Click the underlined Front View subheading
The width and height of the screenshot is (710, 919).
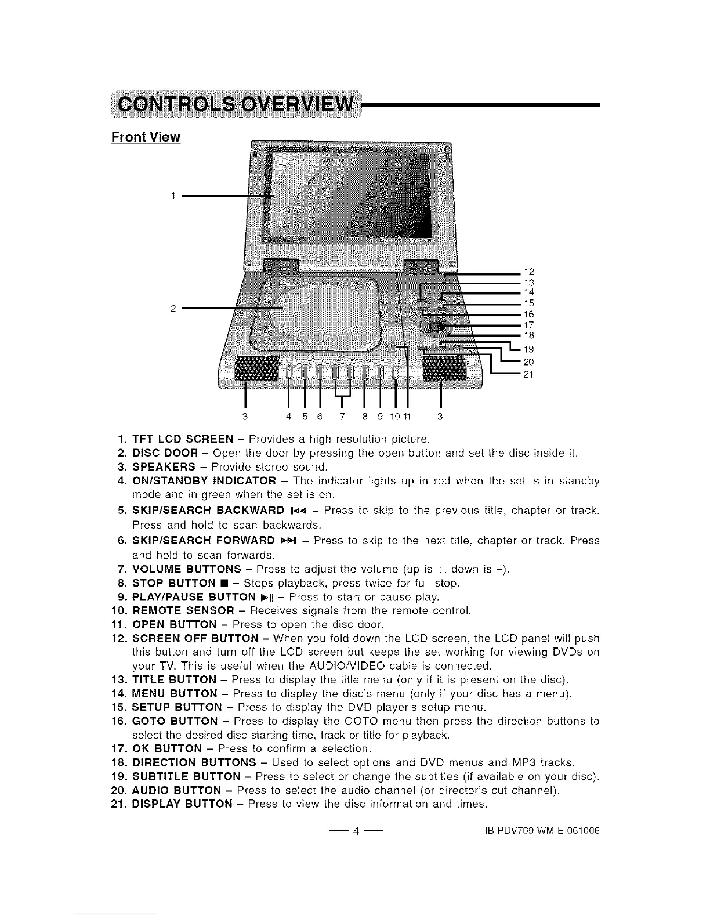point(146,138)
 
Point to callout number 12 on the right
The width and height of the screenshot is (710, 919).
point(528,272)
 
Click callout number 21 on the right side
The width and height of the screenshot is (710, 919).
point(528,374)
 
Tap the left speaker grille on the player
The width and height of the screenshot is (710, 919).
point(255,370)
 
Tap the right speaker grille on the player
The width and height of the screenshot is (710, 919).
point(444,369)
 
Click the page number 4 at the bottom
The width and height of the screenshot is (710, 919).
point(355,831)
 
